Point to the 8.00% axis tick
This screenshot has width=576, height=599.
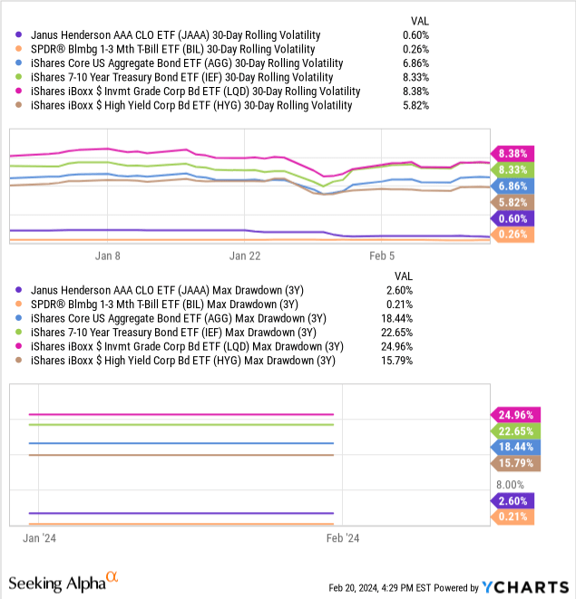coord(514,485)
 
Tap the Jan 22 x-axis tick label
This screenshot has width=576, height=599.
coord(245,256)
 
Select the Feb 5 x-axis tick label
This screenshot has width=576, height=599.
coord(381,256)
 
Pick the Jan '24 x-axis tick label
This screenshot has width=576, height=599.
coord(39,537)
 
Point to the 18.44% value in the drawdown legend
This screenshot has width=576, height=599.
coord(414,319)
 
